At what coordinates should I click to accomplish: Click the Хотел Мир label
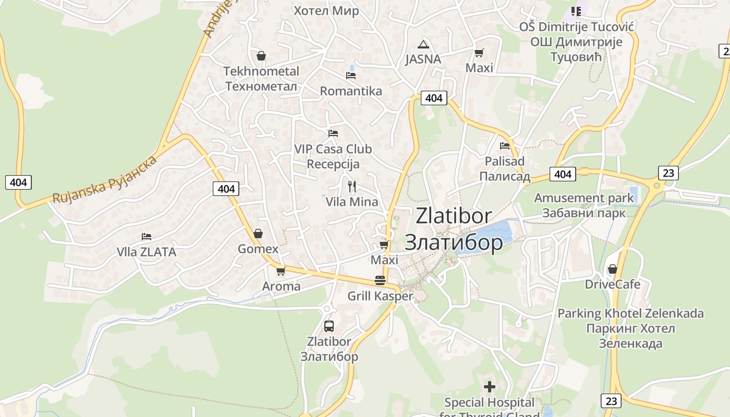[x=326, y=11]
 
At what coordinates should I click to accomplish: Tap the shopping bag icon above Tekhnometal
[x=261, y=56]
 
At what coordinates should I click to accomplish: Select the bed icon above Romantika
[x=351, y=76]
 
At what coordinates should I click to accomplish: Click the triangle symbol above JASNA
[x=423, y=44]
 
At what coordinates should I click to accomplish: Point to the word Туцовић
[x=576, y=56]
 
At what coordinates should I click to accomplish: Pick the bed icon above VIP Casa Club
[x=333, y=133]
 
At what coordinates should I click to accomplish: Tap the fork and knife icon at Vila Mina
[x=352, y=186]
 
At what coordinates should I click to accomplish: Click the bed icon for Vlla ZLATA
[x=147, y=237]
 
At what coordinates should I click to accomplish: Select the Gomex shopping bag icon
[x=258, y=234]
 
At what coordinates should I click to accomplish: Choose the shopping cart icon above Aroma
[x=281, y=271]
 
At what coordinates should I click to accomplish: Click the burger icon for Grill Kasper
[x=380, y=280]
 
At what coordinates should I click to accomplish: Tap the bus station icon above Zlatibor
[x=329, y=326]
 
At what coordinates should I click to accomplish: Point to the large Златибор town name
[x=454, y=242]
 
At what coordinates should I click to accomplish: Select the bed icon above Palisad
[x=505, y=146]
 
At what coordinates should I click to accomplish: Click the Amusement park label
[x=584, y=198]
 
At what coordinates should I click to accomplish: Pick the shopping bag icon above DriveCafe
[x=613, y=269]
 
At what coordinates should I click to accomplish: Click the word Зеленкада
[x=630, y=344]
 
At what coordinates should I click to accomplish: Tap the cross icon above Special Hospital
[x=490, y=387]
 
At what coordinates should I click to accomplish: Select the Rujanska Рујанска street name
[x=105, y=179]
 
